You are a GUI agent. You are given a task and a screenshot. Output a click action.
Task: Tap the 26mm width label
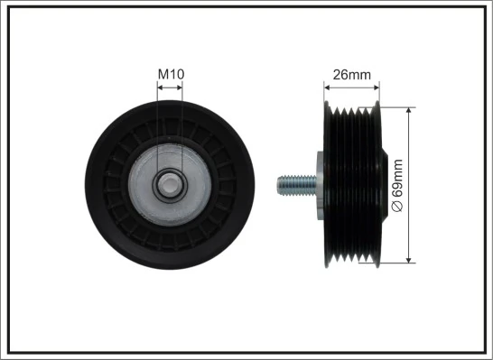(x=352, y=75)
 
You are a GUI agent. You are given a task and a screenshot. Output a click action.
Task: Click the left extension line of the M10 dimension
(x=157, y=126)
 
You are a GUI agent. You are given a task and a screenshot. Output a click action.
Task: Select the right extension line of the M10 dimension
(x=182, y=126)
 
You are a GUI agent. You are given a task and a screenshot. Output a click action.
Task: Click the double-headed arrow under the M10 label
(x=170, y=88)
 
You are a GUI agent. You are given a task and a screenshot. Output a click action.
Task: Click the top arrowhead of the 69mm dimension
(x=411, y=112)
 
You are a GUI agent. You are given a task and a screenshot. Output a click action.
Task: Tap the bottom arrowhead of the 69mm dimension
(x=411, y=259)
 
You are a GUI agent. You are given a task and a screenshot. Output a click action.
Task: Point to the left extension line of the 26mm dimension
(x=324, y=97)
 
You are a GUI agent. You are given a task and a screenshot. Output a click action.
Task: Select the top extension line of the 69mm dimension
(x=397, y=107)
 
